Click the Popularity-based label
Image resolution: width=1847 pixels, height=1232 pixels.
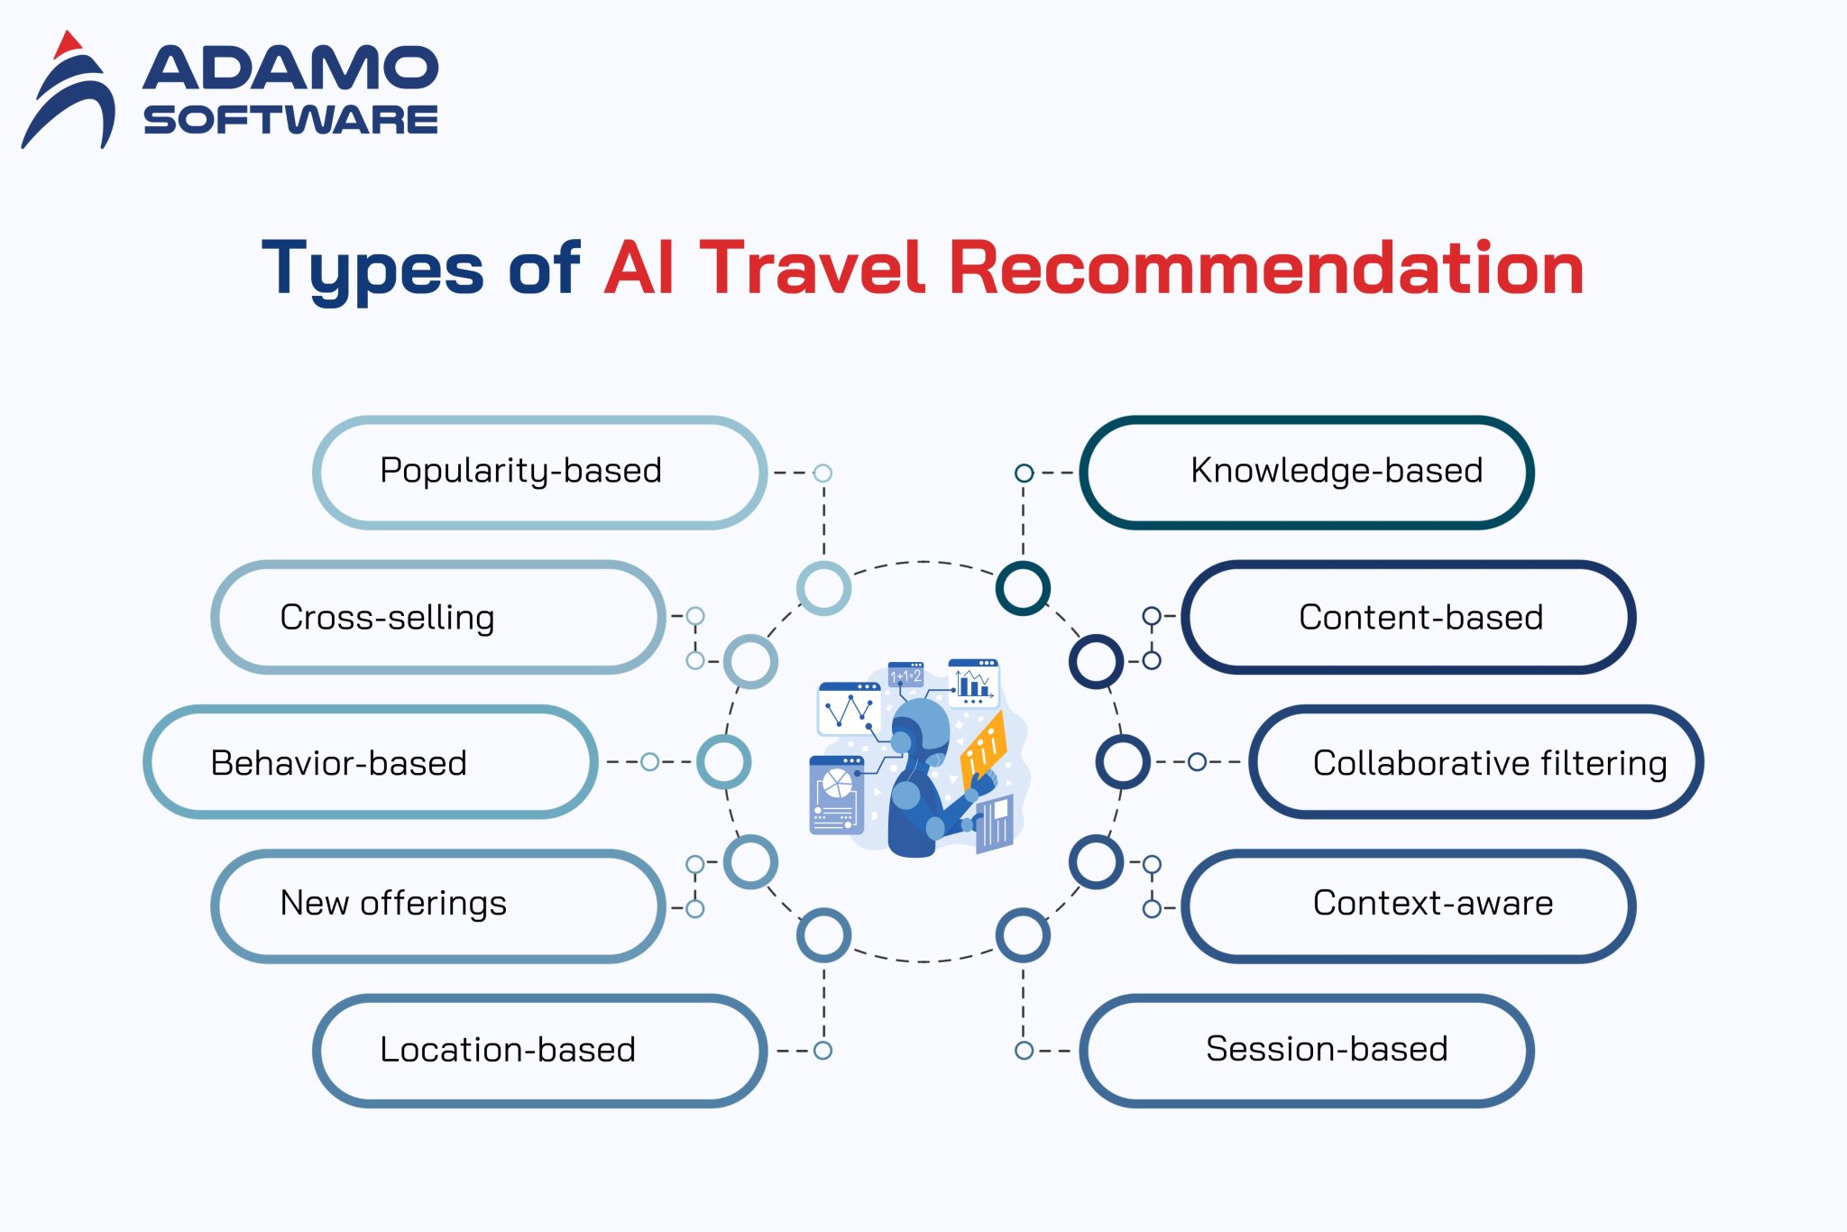521,471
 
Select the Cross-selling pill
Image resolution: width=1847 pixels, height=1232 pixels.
388,618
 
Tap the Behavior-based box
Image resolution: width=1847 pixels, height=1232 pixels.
339,763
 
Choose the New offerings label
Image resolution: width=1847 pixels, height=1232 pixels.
393,903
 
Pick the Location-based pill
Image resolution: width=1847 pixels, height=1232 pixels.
508,1050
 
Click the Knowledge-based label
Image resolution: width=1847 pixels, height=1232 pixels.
1337,471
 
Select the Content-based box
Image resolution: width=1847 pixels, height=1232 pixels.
1420,618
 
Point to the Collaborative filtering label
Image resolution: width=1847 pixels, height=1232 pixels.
1489,763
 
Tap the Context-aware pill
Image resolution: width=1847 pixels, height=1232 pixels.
1432,903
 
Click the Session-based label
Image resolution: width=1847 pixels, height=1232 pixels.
1327,1049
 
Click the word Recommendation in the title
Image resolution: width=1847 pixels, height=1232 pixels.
1266,269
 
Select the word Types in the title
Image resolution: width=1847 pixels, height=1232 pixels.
372,269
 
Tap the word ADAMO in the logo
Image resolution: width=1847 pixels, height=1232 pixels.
290,69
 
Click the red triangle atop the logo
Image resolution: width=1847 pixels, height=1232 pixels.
68,44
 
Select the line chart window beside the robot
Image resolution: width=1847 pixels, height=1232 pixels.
849,709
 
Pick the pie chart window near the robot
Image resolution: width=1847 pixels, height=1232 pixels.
836,795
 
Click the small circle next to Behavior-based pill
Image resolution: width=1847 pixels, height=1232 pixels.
649,762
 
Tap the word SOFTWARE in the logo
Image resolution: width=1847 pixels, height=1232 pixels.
290,120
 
